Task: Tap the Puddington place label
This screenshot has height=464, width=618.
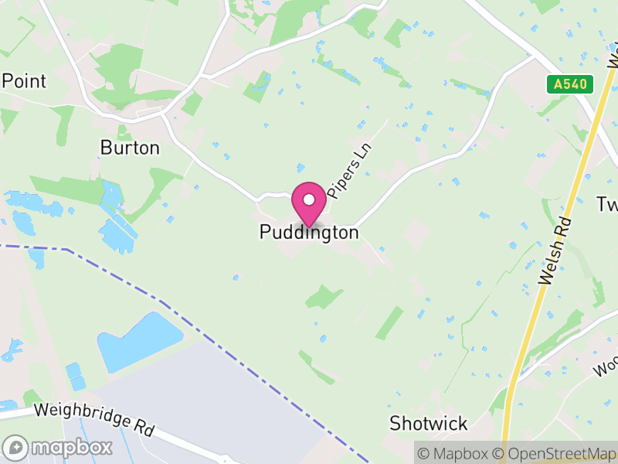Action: point(309,232)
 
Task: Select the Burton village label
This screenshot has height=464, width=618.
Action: point(130,148)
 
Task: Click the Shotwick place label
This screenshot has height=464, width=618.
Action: point(429,423)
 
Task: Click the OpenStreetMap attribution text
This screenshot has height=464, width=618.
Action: point(555,454)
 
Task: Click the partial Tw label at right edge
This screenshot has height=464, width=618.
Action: point(606,204)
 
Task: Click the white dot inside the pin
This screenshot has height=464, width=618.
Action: point(309,200)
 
